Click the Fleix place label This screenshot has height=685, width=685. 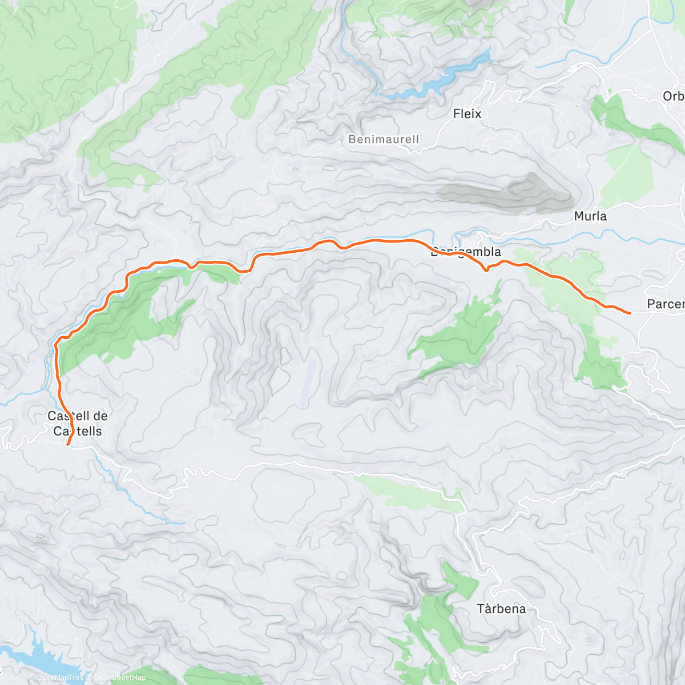point(467,114)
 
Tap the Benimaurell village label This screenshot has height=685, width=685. point(384,139)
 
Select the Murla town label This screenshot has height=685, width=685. point(590,216)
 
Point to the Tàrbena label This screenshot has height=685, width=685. point(501,609)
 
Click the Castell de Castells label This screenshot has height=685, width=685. point(78,424)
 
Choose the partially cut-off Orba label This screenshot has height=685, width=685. point(674,96)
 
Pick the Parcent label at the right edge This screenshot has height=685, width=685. point(666,304)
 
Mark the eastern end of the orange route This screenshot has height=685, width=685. point(629,313)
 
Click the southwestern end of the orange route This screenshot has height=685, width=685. point(68,444)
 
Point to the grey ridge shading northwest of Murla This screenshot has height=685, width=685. point(508,193)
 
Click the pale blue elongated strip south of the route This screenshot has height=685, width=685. point(308,382)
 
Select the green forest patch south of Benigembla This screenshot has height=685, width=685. point(462,337)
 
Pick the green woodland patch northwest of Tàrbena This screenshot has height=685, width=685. point(440,622)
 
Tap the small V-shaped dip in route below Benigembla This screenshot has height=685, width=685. point(485,269)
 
